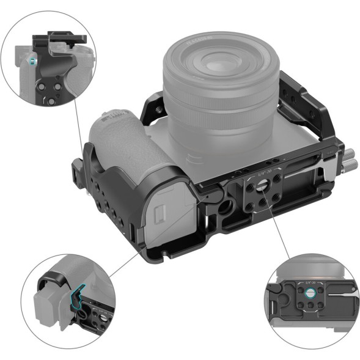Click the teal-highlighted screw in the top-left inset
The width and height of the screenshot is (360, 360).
click(31, 61)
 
